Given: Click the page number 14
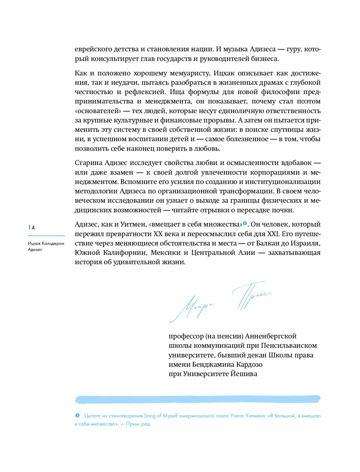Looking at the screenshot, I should pos(31,228).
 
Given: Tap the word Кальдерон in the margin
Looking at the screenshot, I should pos(53,243).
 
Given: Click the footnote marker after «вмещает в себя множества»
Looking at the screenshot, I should pos(245,224).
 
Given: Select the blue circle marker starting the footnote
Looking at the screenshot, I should pos(77,416).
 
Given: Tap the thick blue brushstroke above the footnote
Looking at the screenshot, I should pos(198,399).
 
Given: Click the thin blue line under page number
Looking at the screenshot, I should pos(46,236).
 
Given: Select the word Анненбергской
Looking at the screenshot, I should pos(271,336).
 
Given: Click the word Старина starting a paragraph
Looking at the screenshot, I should pos(88,163).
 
